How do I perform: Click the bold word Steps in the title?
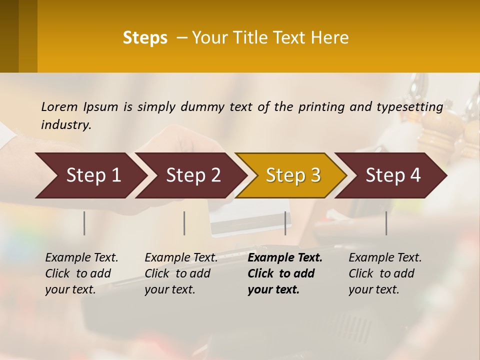coord(145,38)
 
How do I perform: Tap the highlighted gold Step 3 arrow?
coord(293,175)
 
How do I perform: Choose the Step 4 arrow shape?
coord(393,175)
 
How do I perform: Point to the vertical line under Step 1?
coord(84,223)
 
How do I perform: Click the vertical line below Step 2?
coord(184,223)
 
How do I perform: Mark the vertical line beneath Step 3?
coord(285,223)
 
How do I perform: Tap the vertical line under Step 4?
coord(386,223)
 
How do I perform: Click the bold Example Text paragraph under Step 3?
coord(284,273)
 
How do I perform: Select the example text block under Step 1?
coord(81,273)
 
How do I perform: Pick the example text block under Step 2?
coord(181,273)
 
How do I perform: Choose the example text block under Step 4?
coord(385,273)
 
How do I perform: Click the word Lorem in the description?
coord(59,106)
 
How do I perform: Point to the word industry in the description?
coord(66,124)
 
